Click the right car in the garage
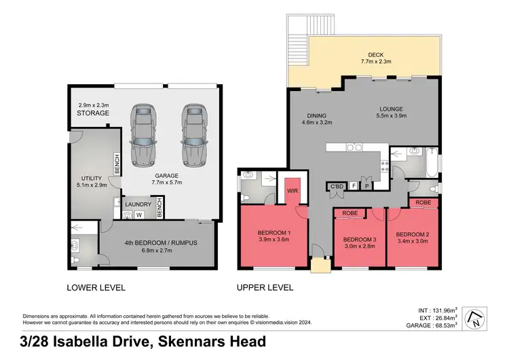click(193, 135)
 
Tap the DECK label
click(377, 55)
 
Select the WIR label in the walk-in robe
click(293, 192)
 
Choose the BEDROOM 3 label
click(360, 240)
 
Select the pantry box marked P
click(367, 185)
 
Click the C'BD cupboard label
click(336, 185)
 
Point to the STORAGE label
click(93, 113)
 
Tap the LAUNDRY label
click(138, 202)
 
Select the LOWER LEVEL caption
click(96, 287)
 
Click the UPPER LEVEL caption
click(265, 287)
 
